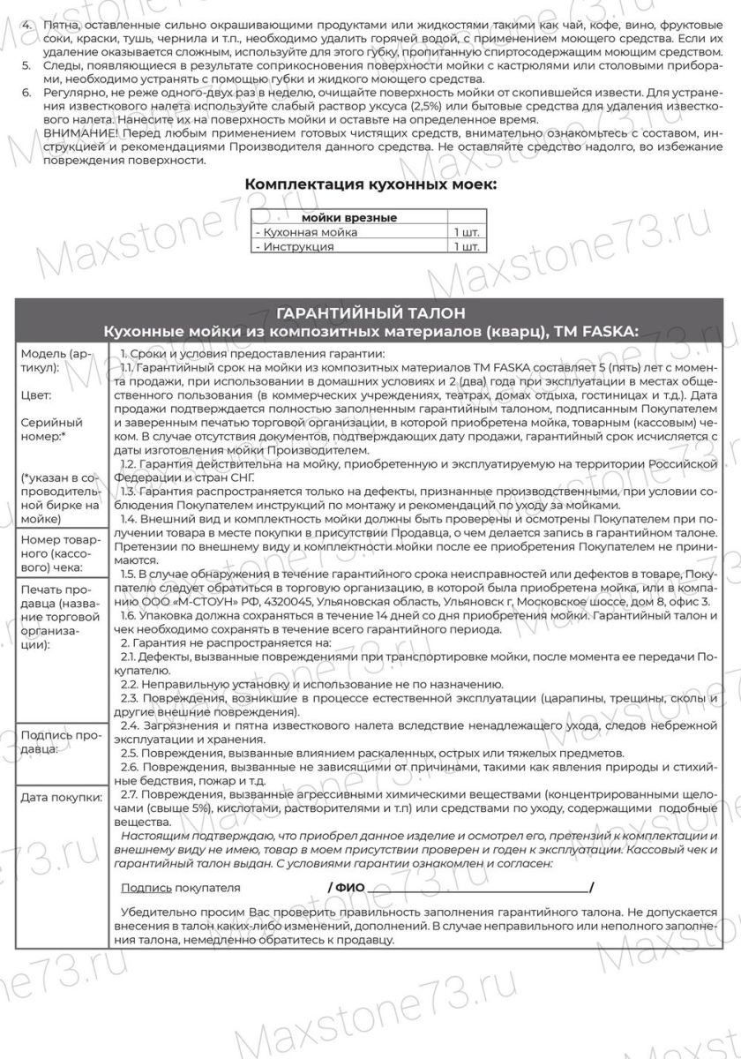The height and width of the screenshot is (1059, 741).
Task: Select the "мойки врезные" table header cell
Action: pyautogui.click(x=349, y=218)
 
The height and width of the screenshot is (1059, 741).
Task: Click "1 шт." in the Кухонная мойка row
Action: pyautogui.click(x=467, y=232)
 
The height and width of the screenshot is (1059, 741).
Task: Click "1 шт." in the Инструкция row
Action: pyautogui.click(x=467, y=247)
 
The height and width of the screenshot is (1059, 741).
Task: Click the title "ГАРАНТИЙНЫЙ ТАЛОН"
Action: pyautogui.click(x=370, y=313)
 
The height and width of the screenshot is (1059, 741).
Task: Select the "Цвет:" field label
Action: pyautogui.click(x=36, y=396)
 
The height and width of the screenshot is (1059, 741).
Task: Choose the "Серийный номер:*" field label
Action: pyautogui.click(x=51, y=430)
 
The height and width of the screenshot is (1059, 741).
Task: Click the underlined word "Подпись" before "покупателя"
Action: pyautogui.click(x=146, y=887)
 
